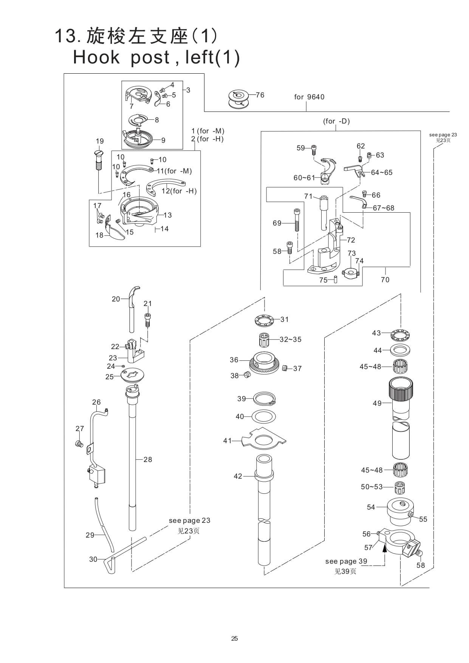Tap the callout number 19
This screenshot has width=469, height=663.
[x=99, y=141]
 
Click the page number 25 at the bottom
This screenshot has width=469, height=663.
[x=235, y=639]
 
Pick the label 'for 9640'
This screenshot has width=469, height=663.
[x=309, y=97]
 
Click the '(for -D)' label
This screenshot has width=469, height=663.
[x=336, y=121]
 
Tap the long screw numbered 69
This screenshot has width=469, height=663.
[x=297, y=220]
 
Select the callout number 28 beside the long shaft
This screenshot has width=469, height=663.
[x=148, y=459]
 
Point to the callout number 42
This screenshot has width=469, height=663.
[x=238, y=476]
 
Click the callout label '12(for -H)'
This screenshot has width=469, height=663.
[x=179, y=191]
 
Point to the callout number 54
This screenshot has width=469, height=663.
[x=371, y=507]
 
